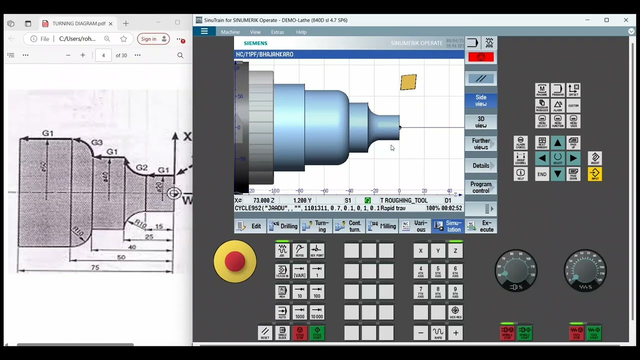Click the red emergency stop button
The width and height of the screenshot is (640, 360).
234,261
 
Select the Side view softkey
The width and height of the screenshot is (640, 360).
480,100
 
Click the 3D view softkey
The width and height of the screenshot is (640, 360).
480,122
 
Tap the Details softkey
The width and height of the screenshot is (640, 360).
480,165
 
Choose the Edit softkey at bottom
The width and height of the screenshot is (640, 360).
249,226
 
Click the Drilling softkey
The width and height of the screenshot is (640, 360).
283,226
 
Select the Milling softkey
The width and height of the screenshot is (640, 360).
382,226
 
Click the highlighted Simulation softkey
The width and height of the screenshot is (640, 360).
447,226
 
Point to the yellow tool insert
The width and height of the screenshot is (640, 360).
408,82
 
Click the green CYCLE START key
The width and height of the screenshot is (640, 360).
317,333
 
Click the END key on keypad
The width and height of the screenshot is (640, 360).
542,174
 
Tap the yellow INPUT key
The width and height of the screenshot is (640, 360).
594,174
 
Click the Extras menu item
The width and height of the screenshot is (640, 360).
277,32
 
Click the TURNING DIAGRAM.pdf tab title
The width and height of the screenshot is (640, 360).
78,23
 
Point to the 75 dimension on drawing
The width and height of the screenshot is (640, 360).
95,267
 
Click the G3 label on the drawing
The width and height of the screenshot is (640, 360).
96,142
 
